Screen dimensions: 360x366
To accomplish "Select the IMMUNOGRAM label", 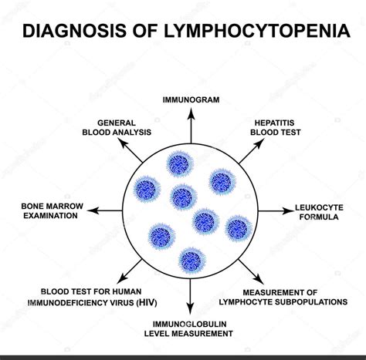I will click(190, 99).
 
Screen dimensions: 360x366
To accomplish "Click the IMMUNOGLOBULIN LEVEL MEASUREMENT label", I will click(190, 331).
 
